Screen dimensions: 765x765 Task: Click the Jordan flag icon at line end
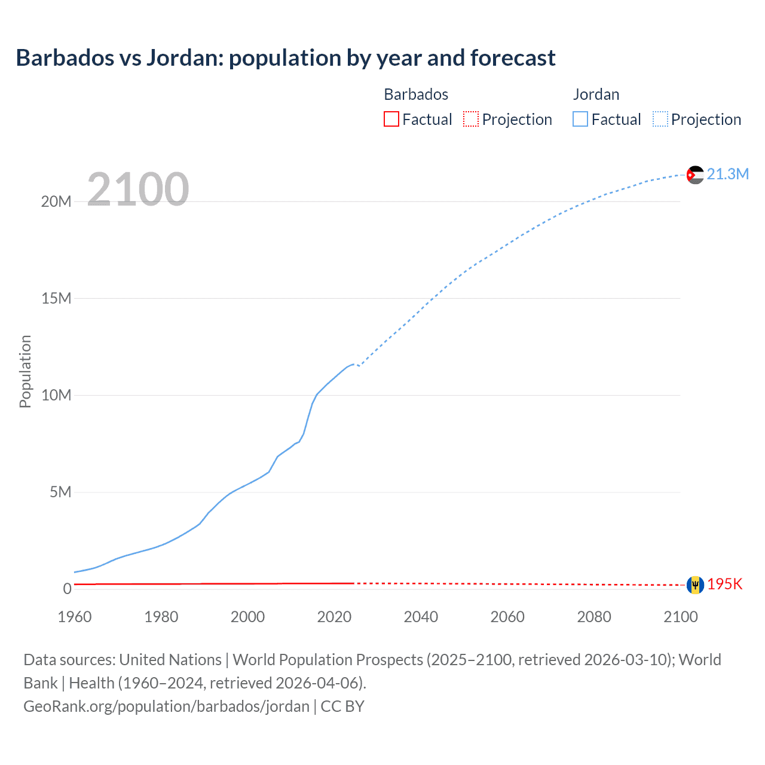coord(695,175)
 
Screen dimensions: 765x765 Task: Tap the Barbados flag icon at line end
coord(695,585)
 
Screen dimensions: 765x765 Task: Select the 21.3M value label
coord(727,174)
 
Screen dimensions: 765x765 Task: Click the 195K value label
coord(724,585)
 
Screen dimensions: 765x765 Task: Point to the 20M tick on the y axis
coord(56,201)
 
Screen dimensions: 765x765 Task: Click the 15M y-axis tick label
coord(56,298)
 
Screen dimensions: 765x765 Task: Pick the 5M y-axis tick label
coord(60,492)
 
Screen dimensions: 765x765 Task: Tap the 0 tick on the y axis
coord(67,589)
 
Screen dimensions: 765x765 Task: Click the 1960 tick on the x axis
coord(75,617)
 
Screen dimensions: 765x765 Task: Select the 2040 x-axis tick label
coord(421,617)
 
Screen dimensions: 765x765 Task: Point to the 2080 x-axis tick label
coord(594,617)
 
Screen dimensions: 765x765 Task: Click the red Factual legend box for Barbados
coord(391,119)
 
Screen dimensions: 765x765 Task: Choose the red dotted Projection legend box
coord(471,119)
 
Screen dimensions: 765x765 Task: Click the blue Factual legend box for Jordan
coord(580,119)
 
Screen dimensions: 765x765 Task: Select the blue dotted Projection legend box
coord(660,119)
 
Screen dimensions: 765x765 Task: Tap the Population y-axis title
coord(25,371)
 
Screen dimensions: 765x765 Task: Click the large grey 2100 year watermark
coord(138,189)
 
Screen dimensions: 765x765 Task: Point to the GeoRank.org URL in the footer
coord(166,706)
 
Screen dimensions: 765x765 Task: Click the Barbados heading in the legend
coord(416,94)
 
